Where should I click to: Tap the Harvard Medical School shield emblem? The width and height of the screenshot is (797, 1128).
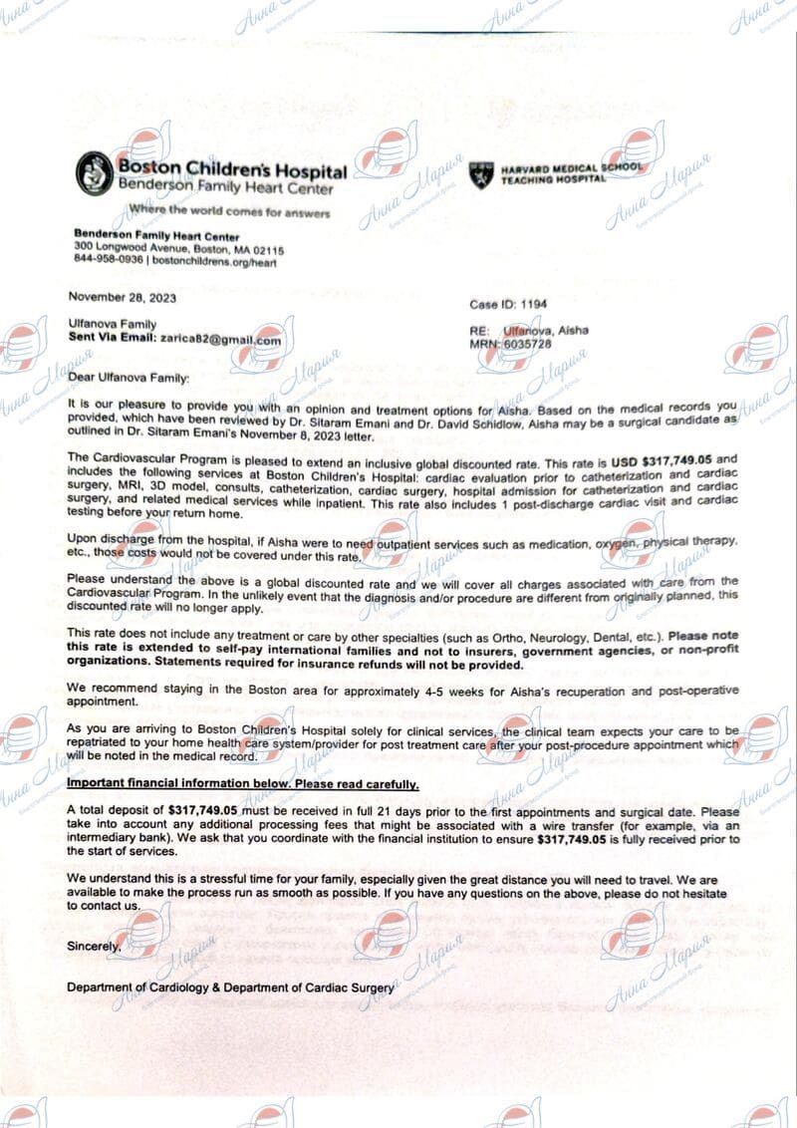pos(482,174)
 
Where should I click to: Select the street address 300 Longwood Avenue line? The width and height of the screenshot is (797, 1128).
pos(178,249)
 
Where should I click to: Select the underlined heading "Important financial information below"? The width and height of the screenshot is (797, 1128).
pos(242,784)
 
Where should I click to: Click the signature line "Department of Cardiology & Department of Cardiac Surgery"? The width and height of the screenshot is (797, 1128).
pos(230,987)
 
